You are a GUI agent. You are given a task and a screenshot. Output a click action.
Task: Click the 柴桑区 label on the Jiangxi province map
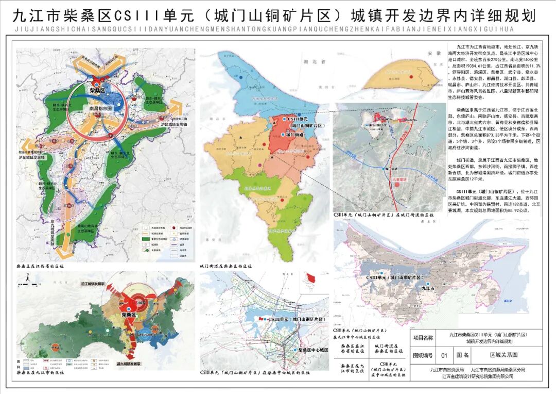point(97,89)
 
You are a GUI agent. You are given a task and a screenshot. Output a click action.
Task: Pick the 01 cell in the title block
point(444,355)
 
